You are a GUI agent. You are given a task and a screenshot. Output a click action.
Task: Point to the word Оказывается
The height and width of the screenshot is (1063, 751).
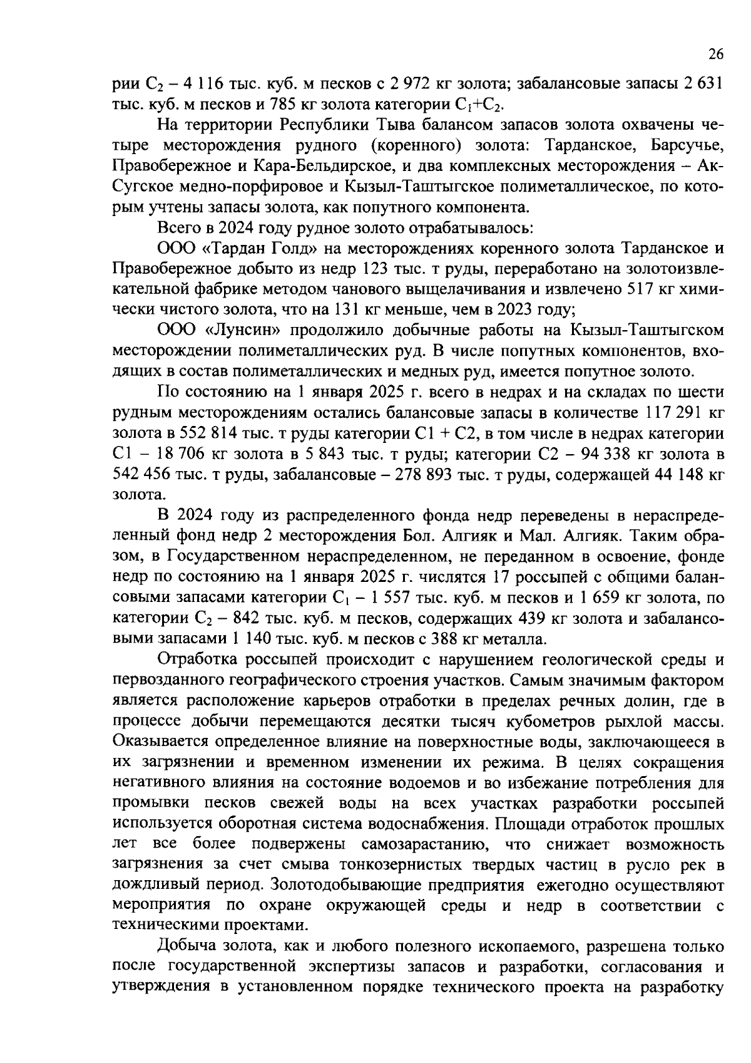coord(161,742)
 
